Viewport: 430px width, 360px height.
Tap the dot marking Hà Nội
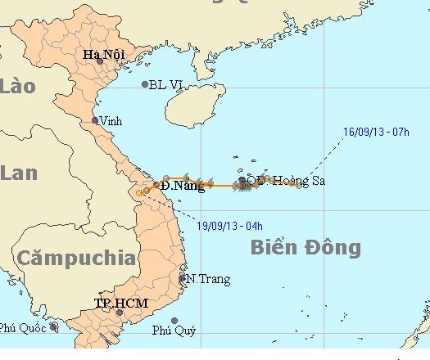click(99, 61)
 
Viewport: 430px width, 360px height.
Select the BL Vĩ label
click(167, 84)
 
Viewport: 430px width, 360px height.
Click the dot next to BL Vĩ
click(145, 84)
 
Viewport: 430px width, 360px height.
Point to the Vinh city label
click(110, 121)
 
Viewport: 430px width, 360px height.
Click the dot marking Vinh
click(95, 120)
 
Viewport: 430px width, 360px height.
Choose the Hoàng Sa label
click(297, 181)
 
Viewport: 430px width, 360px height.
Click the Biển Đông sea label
click(306, 246)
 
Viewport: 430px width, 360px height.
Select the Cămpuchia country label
click(78, 258)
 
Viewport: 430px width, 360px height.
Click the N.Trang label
click(204, 278)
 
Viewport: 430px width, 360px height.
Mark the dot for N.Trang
click(183, 278)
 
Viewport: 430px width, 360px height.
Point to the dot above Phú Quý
click(174, 321)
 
